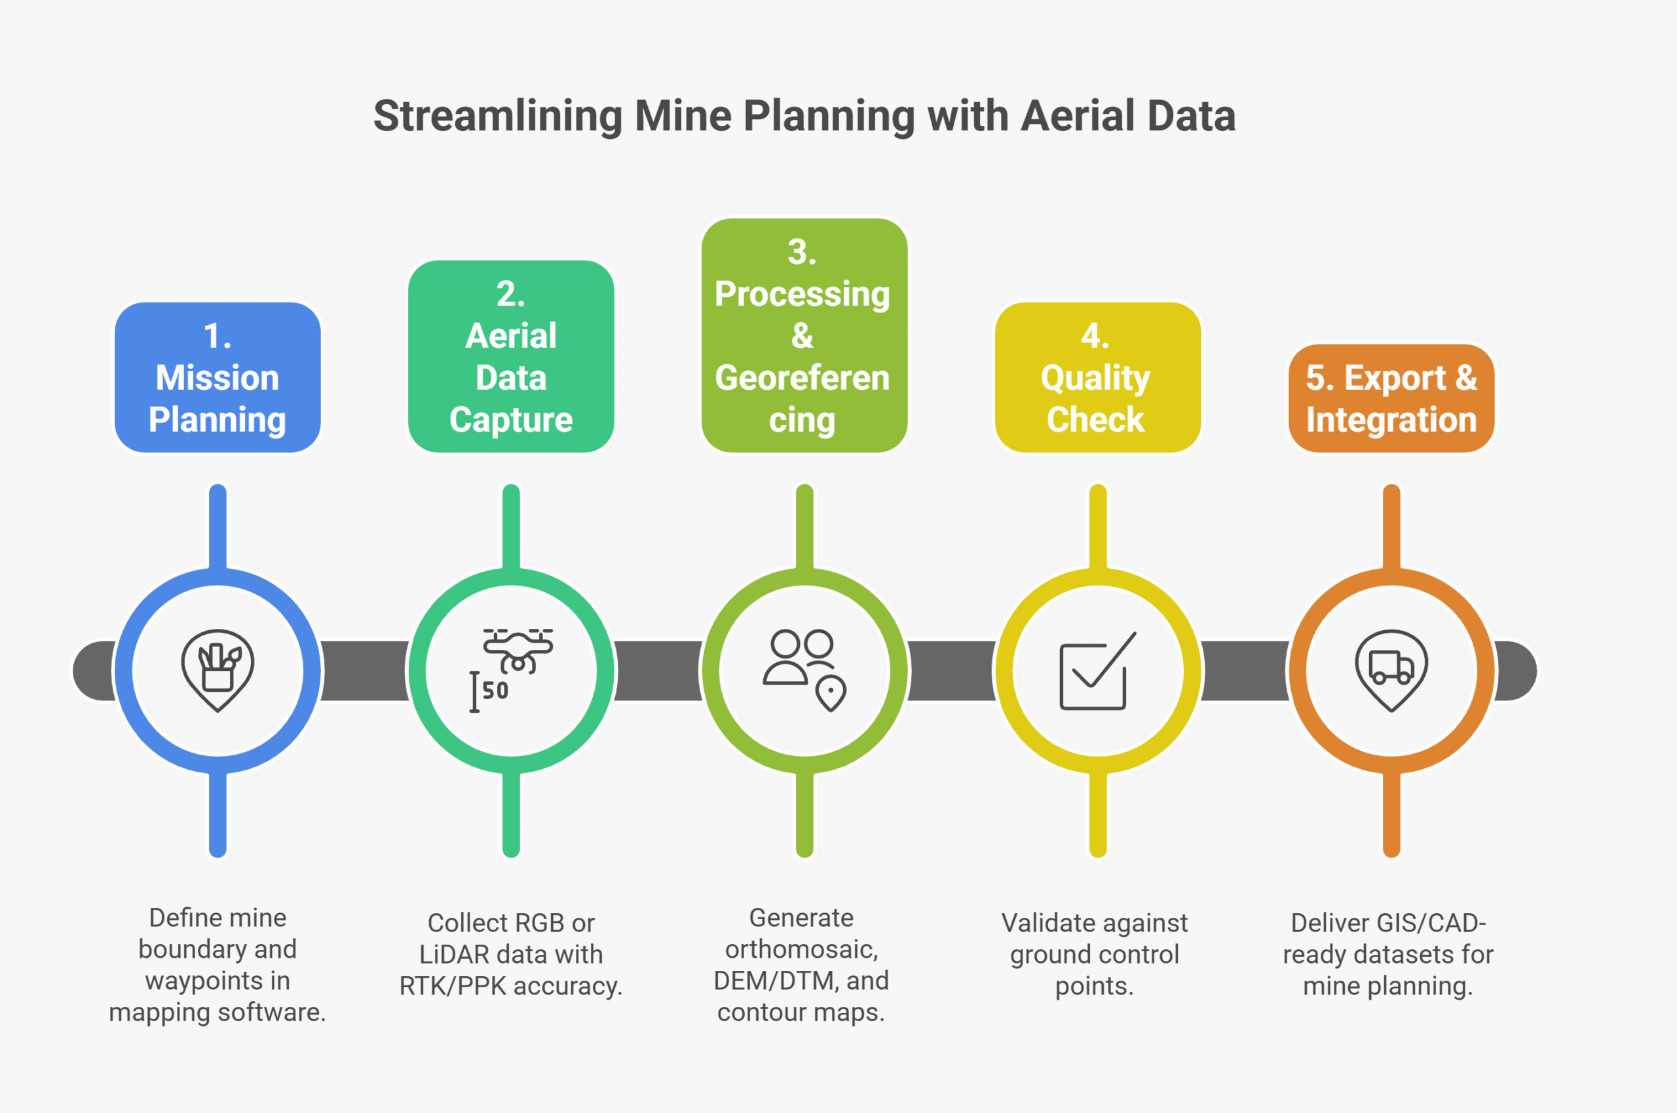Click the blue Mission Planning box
tap(217, 377)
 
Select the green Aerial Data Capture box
tap(511, 356)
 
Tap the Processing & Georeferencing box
tap(804, 335)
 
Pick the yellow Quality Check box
tap(1097, 377)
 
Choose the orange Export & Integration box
tap(1391, 398)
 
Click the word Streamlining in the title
tap(497, 116)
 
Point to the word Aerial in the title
tap(1078, 116)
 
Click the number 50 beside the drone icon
tap(495, 690)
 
